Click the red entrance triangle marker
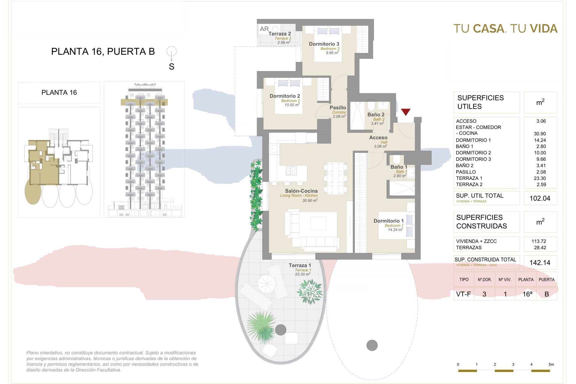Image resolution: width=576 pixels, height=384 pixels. click(x=406, y=112)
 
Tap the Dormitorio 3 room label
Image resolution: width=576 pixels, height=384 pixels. click(x=324, y=44)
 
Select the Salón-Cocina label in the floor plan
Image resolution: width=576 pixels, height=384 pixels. click(x=301, y=191)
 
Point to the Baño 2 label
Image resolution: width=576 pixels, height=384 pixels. click(x=376, y=115)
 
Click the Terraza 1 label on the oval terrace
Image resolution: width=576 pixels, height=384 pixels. click(x=300, y=265)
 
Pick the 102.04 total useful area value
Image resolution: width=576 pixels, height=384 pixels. click(x=540, y=198)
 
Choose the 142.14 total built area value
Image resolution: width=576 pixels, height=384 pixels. click(x=540, y=263)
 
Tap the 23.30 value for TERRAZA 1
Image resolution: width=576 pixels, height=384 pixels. click(x=540, y=178)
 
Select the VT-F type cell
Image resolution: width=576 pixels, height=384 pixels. click(x=463, y=294)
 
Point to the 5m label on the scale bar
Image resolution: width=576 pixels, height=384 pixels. click(x=551, y=364)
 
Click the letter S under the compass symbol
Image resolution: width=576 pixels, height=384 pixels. click(x=172, y=67)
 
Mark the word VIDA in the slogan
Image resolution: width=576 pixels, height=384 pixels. click(x=544, y=29)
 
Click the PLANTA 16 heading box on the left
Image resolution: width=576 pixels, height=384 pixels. click(x=59, y=93)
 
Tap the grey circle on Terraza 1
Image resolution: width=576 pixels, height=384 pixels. click(x=281, y=330)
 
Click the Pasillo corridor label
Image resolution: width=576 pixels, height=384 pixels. click(x=338, y=108)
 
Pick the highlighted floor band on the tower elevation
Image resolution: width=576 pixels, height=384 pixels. click(x=144, y=102)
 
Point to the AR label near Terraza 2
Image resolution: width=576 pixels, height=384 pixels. click(x=264, y=29)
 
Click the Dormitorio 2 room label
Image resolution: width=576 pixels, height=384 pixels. click(x=285, y=96)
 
